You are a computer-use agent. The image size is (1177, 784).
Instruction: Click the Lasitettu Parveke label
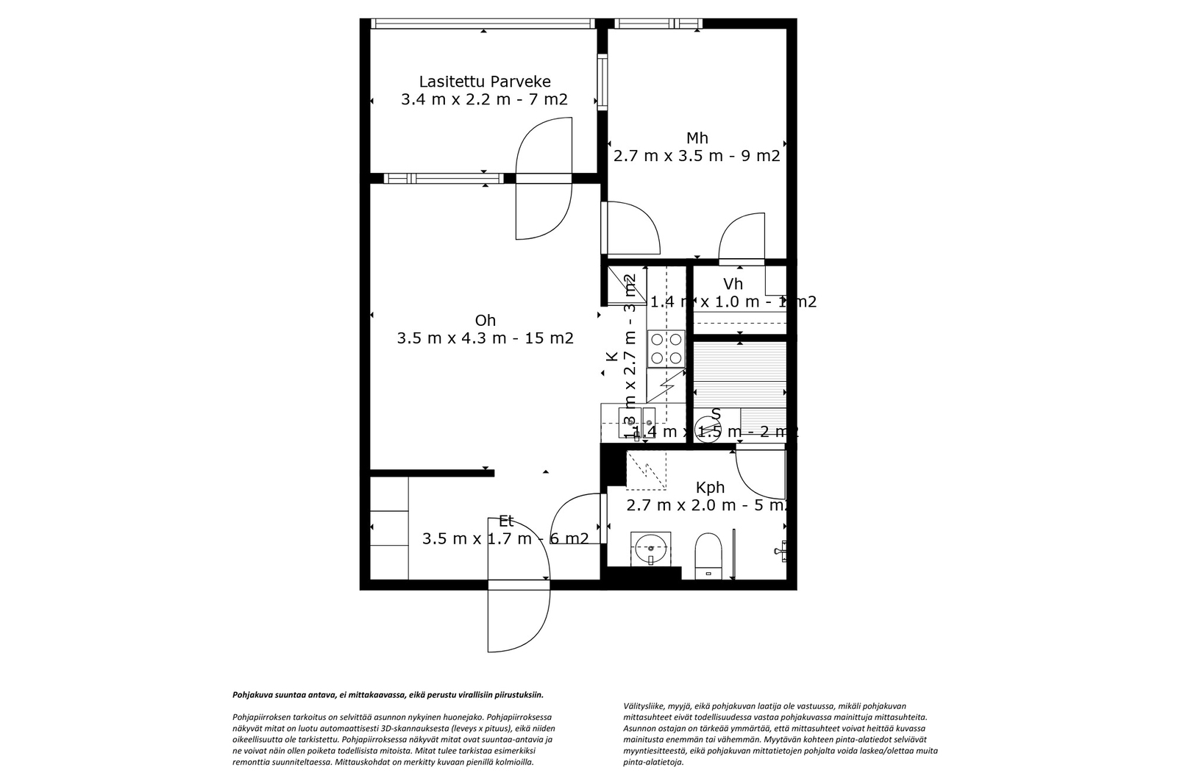[x=484, y=82]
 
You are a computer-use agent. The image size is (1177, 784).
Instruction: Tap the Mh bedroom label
[x=697, y=138]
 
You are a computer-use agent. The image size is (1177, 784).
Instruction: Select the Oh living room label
[x=485, y=321]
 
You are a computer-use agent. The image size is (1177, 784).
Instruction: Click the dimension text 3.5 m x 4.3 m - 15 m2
[x=485, y=338]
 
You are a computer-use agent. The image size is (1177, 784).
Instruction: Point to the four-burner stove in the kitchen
[x=666, y=349]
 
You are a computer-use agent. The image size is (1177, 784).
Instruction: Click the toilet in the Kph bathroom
[x=708, y=555]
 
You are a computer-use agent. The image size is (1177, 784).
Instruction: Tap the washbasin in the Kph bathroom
[x=651, y=548]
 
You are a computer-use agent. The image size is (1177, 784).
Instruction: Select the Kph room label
[x=710, y=488]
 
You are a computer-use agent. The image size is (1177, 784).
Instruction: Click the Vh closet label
[x=733, y=284]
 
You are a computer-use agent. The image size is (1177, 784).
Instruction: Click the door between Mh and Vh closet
[x=742, y=239]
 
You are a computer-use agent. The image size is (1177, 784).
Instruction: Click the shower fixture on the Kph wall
[x=782, y=549]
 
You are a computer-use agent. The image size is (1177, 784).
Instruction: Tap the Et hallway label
[x=505, y=521]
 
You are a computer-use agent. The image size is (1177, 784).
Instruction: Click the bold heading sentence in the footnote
[x=388, y=694]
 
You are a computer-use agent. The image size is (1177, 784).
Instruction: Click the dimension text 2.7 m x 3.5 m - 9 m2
[x=697, y=156]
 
